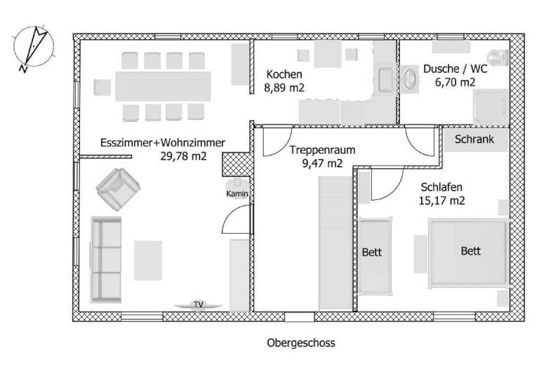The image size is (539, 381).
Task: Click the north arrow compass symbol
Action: click(x=34, y=48)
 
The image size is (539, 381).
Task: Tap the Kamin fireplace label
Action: click(x=237, y=194)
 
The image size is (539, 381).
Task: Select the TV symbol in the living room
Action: click(x=199, y=305)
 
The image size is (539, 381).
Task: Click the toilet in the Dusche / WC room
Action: click(x=499, y=58)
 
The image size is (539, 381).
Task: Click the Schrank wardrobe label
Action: click(x=474, y=139)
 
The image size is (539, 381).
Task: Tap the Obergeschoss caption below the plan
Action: click(x=301, y=343)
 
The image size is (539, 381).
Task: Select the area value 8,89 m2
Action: click(x=284, y=88)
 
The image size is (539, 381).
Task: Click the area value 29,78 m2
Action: click(x=184, y=156)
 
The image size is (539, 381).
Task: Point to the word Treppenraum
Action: click(x=322, y=149)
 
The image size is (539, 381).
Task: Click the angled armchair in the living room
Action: click(x=118, y=189)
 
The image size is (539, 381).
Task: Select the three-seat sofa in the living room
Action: click(x=106, y=260)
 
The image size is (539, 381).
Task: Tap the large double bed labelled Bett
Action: click(x=468, y=252)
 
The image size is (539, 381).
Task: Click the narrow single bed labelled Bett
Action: click(x=375, y=255)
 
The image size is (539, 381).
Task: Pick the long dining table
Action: click(x=163, y=86)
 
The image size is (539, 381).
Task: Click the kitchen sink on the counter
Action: click(x=386, y=80)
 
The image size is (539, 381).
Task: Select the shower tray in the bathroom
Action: click(x=491, y=107)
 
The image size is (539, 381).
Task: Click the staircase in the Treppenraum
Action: click(x=335, y=243)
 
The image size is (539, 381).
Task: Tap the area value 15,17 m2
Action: click(x=441, y=201)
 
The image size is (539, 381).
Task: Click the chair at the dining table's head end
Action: click(x=102, y=87)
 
